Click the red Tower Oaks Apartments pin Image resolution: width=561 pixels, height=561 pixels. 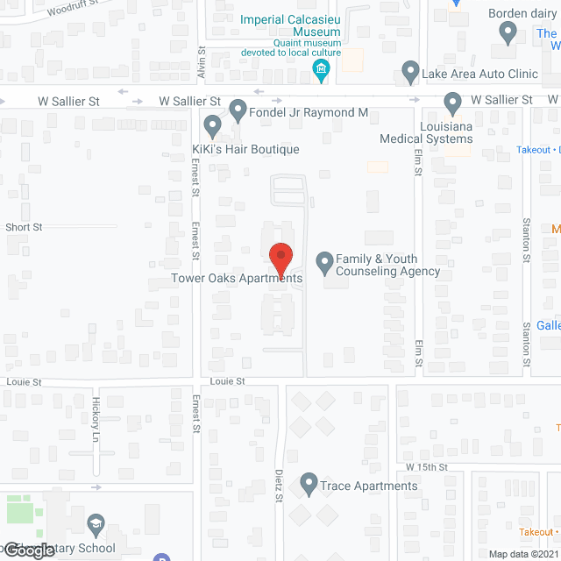pyautogui.click(x=280, y=256)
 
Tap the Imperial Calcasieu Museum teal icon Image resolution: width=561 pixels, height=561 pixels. pyautogui.click(x=322, y=70)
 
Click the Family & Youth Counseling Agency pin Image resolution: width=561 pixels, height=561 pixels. pyautogui.click(x=324, y=260)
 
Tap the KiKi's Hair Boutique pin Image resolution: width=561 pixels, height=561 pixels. pyautogui.click(x=212, y=127)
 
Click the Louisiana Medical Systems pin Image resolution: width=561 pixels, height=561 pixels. pyautogui.click(x=453, y=103)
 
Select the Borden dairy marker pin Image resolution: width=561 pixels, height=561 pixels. pyautogui.click(x=508, y=33)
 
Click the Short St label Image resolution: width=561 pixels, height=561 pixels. pyautogui.click(x=24, y=227)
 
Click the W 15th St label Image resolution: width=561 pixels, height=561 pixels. pyautogui.click(x=426, y=468)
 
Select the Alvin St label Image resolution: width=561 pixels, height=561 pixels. pyautogui.click(x=201, y=64)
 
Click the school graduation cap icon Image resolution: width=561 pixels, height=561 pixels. pyautogui.click(x=94, y=525)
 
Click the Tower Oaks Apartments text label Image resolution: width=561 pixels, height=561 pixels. pyautogui.click(x=237, y=279)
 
